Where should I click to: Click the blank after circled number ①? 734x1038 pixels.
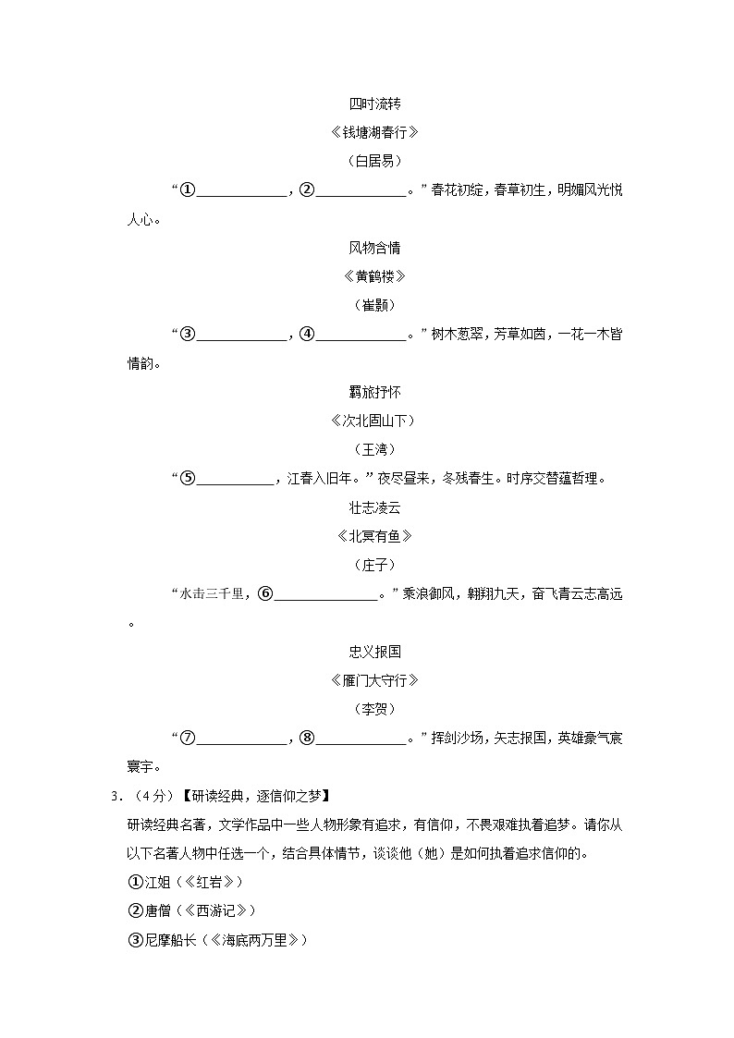(242, 190)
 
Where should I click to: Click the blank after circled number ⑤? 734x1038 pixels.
(236, 479)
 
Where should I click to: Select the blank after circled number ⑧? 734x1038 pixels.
(361, 738)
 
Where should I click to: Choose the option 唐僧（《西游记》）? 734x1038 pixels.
(191, 910)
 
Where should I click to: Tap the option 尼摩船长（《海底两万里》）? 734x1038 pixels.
(217, 939)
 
